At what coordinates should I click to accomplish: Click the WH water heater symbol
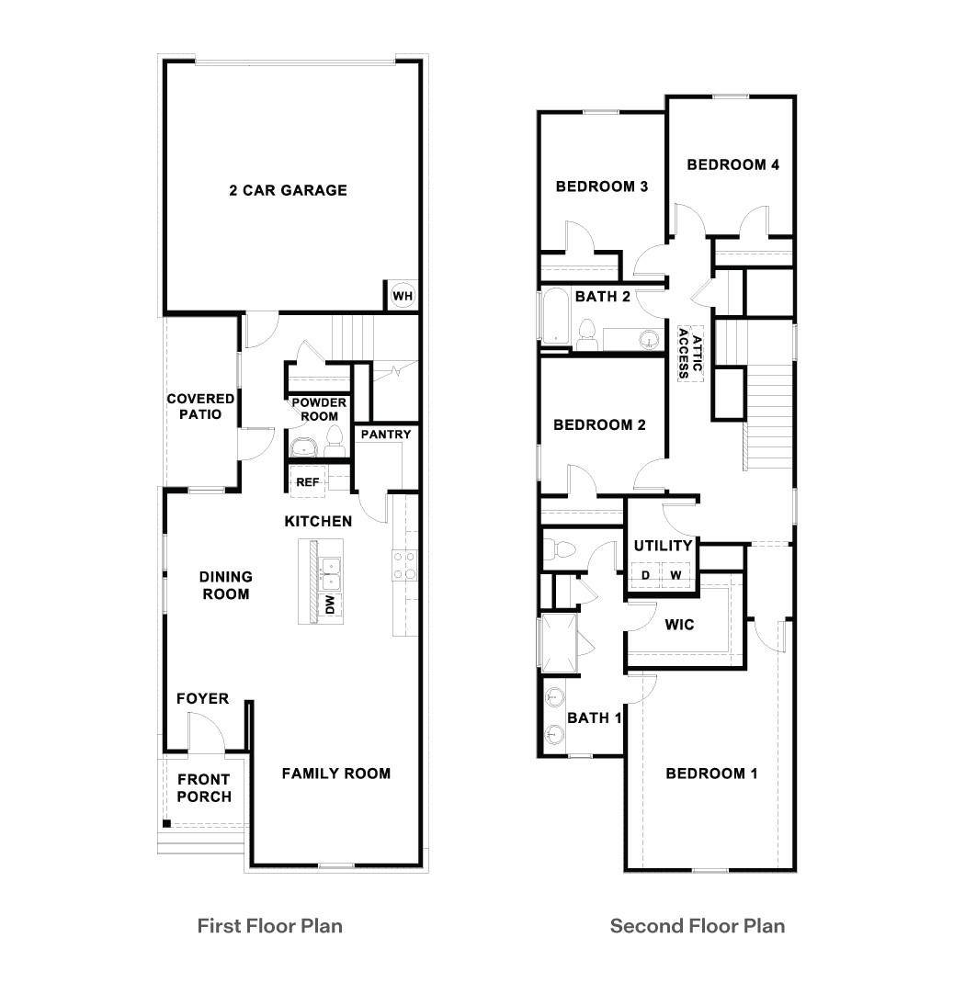[402, 295]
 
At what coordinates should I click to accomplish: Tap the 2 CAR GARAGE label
[288, 190]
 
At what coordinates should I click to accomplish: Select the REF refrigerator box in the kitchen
[307, 481]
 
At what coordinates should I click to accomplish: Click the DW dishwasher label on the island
[331, 604]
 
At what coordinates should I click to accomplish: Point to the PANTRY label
[386, 434]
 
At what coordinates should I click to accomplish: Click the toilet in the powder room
[335, 442]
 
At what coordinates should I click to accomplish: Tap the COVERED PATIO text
[200, 406]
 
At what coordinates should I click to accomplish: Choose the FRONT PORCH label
[204, 788]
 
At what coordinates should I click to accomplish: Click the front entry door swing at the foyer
[207, 731]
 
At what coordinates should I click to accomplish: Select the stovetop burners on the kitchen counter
[404, 565]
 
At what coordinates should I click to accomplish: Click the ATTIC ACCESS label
[689, 353]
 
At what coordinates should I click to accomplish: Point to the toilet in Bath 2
[587, 334]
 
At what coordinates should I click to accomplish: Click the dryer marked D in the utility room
[645, 575]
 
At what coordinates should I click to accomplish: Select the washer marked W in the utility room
[675, 575]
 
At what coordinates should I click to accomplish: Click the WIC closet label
[680, 625]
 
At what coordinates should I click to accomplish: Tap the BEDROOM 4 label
[733, 164]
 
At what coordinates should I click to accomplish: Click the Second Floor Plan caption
[698, 926]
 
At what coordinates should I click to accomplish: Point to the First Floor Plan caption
[270, 926]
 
